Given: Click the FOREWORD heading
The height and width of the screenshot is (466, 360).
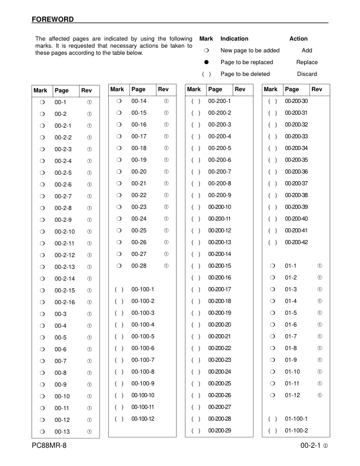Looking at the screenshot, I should coord(53,19).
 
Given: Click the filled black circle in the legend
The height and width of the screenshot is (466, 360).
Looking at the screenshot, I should coord(206,62).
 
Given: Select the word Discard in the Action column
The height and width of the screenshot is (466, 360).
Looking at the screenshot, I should coord(306,74).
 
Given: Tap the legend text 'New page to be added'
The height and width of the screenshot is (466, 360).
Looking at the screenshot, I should coord(250,50).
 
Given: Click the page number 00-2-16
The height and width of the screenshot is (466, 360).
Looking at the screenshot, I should coord(65,302).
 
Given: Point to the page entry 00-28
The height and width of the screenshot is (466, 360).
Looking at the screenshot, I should coord(139,266).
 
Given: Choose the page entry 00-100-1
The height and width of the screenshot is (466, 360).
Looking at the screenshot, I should coord(143,289).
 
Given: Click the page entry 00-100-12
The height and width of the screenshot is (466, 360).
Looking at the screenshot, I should coord(143,418).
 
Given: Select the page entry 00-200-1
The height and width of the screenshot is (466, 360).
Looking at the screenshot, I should coord(219,101).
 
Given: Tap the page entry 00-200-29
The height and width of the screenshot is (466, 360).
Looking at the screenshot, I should coord(219,431).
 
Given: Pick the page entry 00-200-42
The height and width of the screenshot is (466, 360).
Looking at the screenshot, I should coord(296,242).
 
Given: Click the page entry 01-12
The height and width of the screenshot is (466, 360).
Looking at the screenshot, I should coord(292,395).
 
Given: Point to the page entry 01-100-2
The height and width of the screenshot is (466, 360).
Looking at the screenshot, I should coord(296,431).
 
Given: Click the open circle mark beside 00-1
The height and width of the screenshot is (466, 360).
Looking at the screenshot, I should coord(42,102).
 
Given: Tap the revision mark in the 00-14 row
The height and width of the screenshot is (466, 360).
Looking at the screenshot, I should coord(166,101).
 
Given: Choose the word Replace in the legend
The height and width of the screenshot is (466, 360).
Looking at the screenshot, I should coord(306,62).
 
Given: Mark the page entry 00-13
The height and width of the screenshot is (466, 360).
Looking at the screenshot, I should coord(62,432).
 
